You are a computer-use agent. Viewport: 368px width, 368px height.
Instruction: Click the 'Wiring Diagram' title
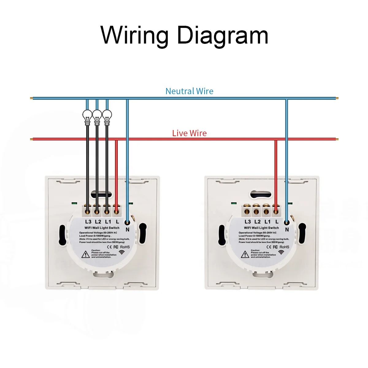pos(184,35)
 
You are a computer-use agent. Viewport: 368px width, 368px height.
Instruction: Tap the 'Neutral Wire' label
pos(189,91)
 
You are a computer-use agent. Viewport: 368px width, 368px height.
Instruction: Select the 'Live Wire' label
pos(189,133)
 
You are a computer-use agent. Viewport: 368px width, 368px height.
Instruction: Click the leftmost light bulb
pos(87,117)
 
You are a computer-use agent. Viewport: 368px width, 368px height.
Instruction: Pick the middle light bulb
pos(97,117)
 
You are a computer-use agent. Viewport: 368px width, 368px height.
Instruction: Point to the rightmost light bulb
pos(107,117)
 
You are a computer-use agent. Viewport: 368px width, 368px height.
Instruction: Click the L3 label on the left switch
pos(88,221)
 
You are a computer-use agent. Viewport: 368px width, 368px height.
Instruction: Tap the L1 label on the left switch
pos(108,221)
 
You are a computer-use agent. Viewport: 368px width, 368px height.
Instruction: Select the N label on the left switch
pos(128,229)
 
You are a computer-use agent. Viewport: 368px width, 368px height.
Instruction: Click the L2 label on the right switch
pos(258,221)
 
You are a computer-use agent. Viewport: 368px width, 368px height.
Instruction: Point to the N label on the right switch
pos(287,229)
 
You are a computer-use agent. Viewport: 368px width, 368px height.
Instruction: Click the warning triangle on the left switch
pos(86,254)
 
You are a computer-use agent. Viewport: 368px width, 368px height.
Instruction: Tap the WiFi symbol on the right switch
pos(281,252)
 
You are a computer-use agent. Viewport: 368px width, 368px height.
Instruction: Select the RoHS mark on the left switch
pos(125,247)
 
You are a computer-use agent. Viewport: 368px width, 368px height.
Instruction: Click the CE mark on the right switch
pos(269,247)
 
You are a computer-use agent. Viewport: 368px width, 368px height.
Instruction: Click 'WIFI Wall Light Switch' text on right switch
pos(261,228)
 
